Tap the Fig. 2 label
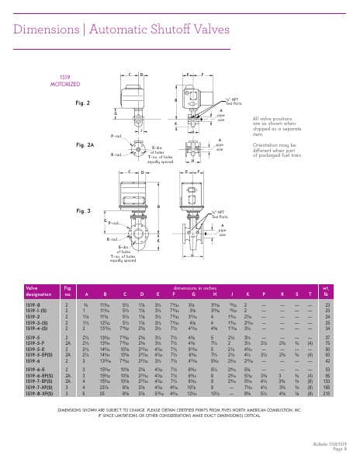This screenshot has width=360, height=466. pyautogui.click(x=82, y=103)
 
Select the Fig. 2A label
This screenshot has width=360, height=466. pyautogui.click(x=84, y=145)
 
